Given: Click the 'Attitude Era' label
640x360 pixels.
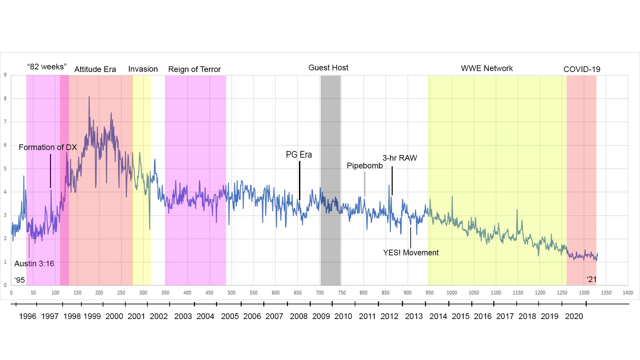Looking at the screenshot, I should pos(95,69).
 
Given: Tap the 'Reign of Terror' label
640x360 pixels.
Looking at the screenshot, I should pos(194,69).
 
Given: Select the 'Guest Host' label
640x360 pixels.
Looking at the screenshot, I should pos(328,68).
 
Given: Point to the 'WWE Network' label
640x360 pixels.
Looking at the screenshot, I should pos(487,68).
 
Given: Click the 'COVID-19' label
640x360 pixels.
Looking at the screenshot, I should pos(582,69).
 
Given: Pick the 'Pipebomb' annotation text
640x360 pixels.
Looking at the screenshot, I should pos(365,166).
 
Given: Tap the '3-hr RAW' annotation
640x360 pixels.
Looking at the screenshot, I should pos(400,158).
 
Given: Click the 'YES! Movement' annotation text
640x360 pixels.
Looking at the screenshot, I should pos(411,253).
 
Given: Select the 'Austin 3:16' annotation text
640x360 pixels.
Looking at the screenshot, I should pos(34,264).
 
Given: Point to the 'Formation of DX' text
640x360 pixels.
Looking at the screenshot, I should pos(48,147).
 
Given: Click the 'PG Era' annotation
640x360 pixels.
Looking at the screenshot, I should pos(299,155).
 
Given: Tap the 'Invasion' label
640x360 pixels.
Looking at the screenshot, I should pos(143,69).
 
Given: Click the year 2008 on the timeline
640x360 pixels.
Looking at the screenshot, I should pos(299,316).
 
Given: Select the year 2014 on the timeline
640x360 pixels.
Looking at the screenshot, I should pos(438,316).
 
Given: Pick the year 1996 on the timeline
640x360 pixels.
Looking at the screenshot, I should pos(27,316).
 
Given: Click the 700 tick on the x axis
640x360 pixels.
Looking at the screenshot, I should pos(320,293).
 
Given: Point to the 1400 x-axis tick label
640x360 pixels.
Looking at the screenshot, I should pos(628,293).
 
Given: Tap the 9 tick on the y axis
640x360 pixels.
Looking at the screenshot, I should pos(5,75).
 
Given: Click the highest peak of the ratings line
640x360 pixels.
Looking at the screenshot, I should pos(89,97).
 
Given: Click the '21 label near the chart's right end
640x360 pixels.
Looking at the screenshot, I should pos(592,279).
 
